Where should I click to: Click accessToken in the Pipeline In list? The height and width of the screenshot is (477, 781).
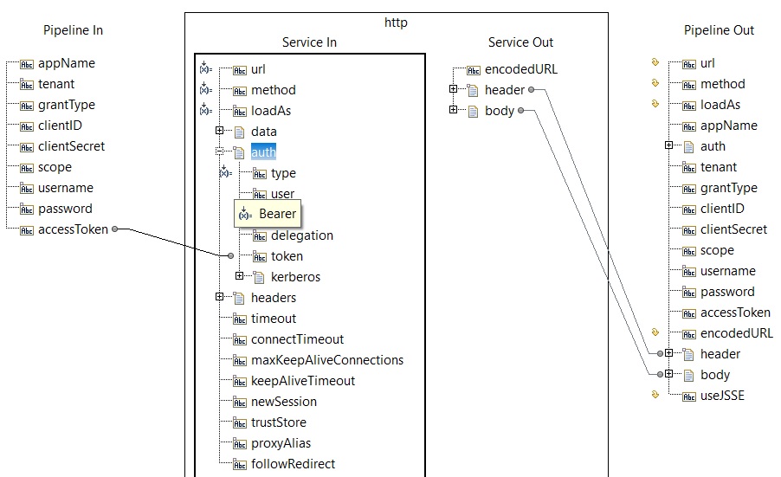point(73,229)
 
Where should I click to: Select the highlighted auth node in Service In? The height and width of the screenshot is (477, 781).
point(263,151)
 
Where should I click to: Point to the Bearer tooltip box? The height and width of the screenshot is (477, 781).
point(268,214)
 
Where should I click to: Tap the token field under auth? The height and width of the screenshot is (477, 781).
point(287,256)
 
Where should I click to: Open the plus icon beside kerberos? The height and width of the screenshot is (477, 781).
point(240,276)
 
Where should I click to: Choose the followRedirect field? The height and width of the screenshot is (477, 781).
point(293,464)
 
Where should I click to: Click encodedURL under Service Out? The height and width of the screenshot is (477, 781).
point(521,69)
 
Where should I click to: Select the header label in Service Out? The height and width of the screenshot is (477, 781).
point(505,90)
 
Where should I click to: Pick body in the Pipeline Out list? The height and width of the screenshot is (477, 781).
point(714,375)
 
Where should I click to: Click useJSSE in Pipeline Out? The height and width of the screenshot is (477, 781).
point(722,396)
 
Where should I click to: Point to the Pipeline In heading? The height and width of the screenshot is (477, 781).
point(74,30)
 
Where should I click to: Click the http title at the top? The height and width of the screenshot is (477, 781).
point(396,23)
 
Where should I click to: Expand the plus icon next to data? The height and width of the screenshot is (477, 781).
point(220,131)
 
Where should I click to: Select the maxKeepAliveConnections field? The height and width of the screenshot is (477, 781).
point(327,360)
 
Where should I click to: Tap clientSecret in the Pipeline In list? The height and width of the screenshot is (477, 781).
point(71,146)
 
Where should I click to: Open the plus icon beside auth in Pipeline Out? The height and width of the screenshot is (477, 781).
point(669,145)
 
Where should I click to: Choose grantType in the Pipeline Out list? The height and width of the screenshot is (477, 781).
point(729,188)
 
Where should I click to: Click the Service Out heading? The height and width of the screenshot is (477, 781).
point(520,42)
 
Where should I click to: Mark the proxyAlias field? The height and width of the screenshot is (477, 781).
point(281,443)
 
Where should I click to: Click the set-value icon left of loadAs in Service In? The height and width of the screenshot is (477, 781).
point(205,110)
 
